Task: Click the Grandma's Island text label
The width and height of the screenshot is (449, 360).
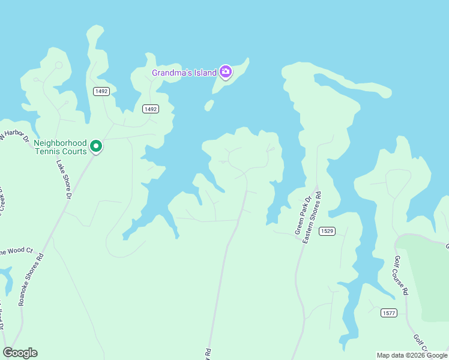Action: (x=184, y=73)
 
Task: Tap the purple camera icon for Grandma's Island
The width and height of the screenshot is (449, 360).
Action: (x=226, y=73)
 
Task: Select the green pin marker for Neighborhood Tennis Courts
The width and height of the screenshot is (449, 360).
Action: (x=95, y=146)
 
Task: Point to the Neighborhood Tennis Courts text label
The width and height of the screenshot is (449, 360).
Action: (x=60, y=147)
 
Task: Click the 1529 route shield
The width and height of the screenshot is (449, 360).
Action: (x=327, y=231)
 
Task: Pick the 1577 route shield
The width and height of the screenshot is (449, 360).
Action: (x=388, y=313)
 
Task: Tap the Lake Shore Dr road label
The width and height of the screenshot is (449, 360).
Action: (x=64, y=179)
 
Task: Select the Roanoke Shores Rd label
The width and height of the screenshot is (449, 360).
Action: (x=31, y=280)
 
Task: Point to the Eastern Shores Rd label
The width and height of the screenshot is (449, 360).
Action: (x=312, y=217)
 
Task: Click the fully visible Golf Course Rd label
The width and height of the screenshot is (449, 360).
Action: (x=401, y=275)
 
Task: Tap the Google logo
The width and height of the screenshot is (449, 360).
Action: (x=20, y=353)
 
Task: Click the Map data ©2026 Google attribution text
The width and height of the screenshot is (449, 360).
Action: (x=412, y=355)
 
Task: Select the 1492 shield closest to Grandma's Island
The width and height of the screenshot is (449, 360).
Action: (x=150, y=109)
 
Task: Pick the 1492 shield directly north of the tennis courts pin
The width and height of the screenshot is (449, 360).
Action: (x=101, y=91)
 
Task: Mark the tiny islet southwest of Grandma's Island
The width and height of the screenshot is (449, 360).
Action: (x=208, y=106)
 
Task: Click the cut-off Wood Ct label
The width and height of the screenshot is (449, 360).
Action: (x=16, y=251)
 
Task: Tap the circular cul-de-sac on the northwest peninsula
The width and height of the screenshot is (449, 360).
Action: (x=58, y=65)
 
